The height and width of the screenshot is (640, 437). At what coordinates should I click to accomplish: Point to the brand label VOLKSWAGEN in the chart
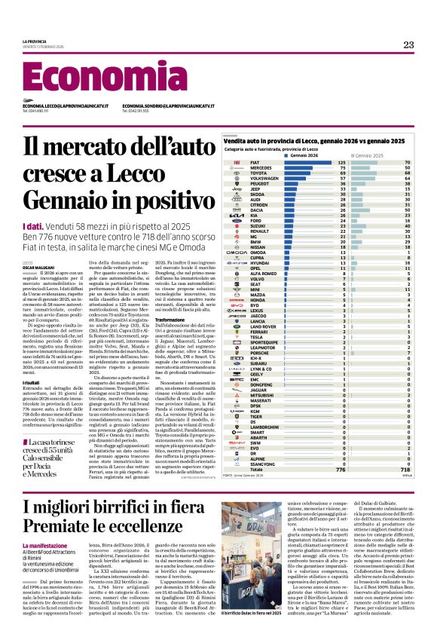click(264, 178)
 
